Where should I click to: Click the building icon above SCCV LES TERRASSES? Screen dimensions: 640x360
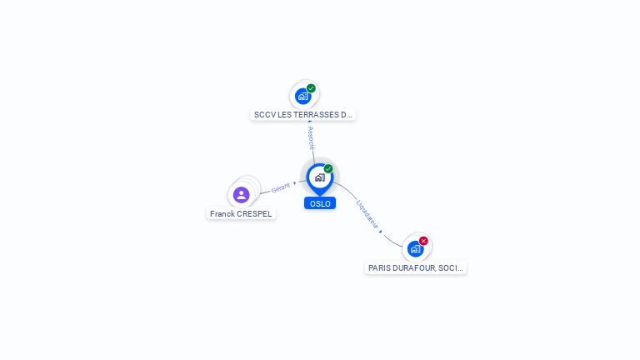point(303,96)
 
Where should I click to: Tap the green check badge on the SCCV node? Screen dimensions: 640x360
point(311,88)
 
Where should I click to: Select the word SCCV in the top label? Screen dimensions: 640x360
point(264,115)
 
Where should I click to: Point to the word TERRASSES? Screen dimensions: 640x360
point(317,115)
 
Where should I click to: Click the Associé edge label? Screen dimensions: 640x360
point(311,137)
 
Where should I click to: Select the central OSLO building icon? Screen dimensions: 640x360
point(319,177)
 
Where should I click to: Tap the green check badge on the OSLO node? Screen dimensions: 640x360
point(328,168)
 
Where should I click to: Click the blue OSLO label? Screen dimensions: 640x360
point(320,203)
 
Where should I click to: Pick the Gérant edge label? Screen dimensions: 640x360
point(281,188)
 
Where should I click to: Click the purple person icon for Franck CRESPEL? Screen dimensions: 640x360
point(242,195)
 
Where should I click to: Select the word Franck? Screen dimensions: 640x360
point(222,214)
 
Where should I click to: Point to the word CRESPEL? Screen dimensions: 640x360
point(254,214)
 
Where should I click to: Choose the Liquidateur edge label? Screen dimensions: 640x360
point(367,214)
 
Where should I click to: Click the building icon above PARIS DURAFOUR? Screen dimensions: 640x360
point(415,248)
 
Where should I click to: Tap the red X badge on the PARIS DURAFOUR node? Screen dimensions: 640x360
point(423,241)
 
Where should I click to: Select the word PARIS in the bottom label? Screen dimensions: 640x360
point(379,268)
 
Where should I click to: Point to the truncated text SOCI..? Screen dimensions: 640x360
point(451,268)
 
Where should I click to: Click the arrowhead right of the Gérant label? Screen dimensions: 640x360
point(295,182)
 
